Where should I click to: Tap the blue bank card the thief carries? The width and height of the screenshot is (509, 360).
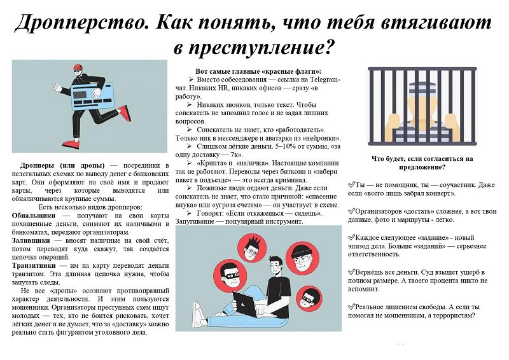92,96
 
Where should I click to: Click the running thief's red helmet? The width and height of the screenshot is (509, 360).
78,67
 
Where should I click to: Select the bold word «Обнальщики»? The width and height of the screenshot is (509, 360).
34,216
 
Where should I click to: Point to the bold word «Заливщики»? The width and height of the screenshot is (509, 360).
31,240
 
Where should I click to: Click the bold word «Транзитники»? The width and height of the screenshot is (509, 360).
34,265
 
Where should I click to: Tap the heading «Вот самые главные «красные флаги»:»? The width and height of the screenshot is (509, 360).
258,71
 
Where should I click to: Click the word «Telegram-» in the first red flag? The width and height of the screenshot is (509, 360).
325,80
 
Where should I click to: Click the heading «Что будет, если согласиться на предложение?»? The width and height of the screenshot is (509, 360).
422,163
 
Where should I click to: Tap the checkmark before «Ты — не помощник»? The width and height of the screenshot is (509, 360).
351,184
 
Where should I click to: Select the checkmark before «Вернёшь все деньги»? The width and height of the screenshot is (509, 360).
351,272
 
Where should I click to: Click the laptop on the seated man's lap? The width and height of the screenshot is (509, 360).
247,303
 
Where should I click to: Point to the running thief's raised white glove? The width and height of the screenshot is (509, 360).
57,88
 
